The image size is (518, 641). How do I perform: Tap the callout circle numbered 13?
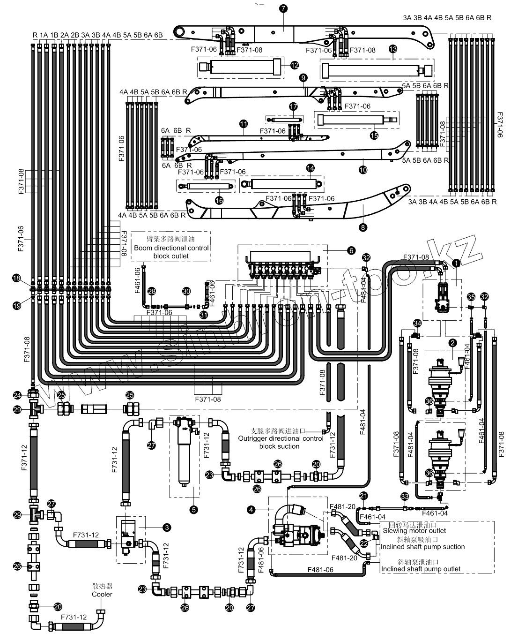pos(393,49)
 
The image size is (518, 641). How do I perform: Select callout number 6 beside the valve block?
pos(351,250)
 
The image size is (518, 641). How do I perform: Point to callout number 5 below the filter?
pos(193,508)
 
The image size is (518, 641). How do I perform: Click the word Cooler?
pos(102,594)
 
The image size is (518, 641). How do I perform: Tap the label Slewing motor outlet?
pos(414,531)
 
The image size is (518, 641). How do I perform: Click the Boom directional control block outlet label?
pos(171,248)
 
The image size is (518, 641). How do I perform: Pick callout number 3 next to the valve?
pos(166,527)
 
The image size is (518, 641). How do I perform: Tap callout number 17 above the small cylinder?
pos(294,107)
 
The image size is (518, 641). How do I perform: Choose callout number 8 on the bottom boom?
pos(363,227)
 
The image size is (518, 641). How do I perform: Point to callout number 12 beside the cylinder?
pos(295,65)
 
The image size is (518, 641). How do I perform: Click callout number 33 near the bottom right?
pos(405,497)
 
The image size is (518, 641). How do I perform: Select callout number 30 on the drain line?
pos(186,292)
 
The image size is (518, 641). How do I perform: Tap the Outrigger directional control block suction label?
pos(280,438)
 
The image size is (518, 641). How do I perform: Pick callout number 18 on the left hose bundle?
pos(17,279)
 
